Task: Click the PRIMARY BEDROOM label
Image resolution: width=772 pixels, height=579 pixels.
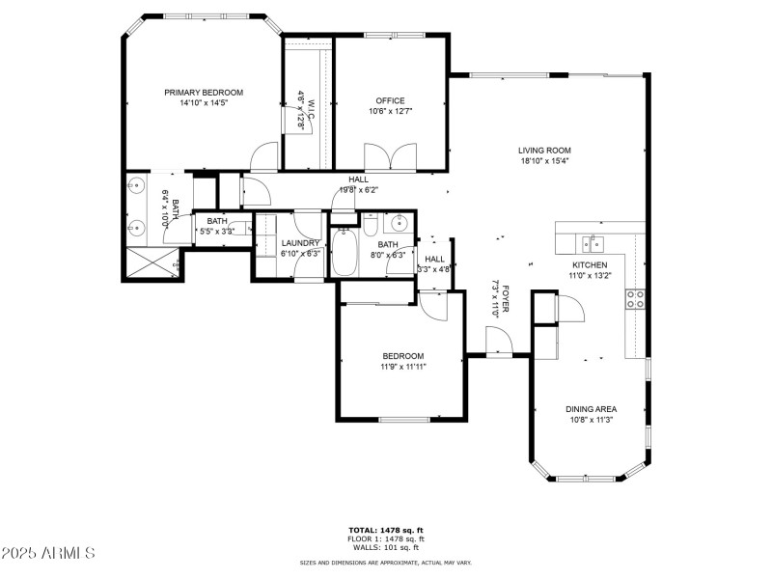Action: tap(203, 93)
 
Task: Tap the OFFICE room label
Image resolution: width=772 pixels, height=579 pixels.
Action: tap(390, 100)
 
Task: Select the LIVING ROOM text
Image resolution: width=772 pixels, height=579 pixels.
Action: tap(544, 151)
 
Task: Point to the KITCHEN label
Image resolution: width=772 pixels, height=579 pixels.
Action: tap(590, 264)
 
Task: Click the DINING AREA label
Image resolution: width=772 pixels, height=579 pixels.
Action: tap(592, 409)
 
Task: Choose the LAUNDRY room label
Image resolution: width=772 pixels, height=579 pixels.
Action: tap(300, 243)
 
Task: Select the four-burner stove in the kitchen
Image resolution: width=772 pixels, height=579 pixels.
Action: tap(636, 299)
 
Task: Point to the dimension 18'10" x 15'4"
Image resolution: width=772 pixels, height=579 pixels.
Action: tap(544, 161)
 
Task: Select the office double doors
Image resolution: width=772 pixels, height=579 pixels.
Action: tap(391, 156)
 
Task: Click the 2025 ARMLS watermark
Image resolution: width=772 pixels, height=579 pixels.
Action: tap(48, 554)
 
